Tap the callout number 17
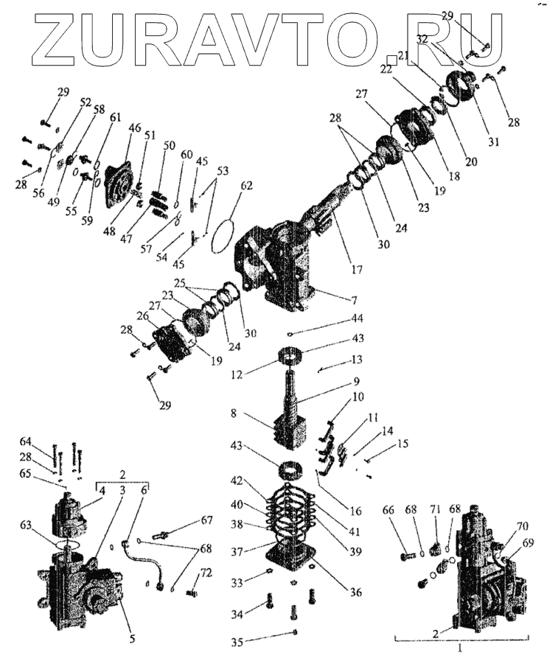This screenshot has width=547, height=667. [357, 270]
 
